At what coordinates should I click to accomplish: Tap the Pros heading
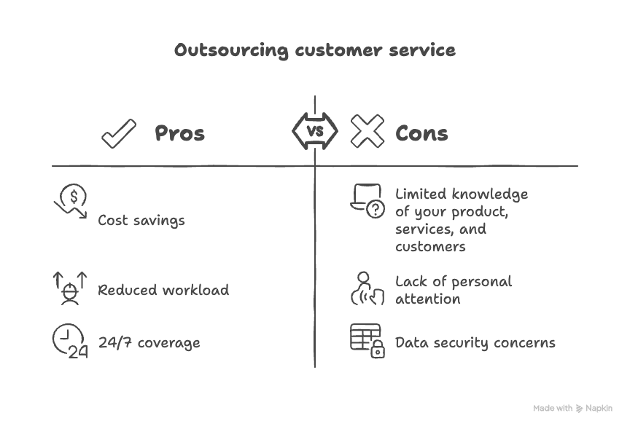click(179, 134)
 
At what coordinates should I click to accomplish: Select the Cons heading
click(421, 134)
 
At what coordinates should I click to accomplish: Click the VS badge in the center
click(315, 132)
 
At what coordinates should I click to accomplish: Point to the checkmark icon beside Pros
click(119, 134)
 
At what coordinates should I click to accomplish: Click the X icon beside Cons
click(367, 132)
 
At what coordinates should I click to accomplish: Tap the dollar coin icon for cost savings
click(73, 195)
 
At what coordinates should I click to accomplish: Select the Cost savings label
click(141, 220)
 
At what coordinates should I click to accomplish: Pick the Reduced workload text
click(163, 290)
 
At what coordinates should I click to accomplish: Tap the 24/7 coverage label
click(149, 342)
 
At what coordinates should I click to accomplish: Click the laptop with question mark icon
click(367, 201)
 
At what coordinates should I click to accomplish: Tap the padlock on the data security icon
click(377, 351)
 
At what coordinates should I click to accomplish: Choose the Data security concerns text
click(475, 342)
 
